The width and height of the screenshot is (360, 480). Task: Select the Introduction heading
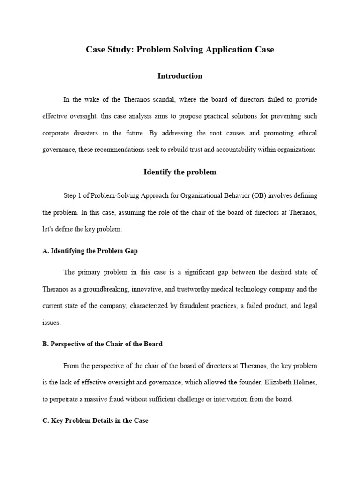click(180, 76)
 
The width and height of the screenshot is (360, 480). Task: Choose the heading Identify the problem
click(180, 172)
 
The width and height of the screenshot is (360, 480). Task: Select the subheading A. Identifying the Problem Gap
click(90, 251)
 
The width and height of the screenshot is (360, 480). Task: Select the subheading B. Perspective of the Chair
click(102, 344)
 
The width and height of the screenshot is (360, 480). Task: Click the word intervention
click(239, 399)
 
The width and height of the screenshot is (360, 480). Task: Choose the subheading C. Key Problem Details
click(95, 420)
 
